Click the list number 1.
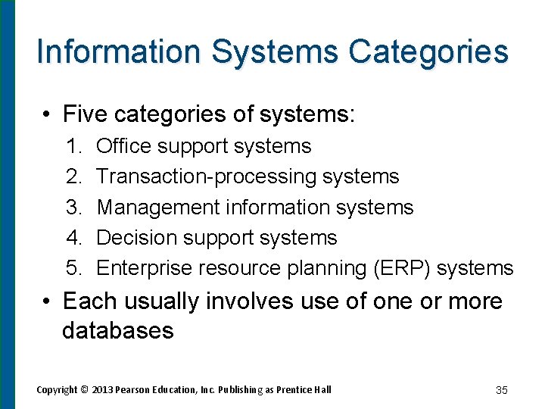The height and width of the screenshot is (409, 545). pyautogui.click(x=73, y=146)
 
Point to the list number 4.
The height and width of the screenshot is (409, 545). pyautogui.click(x=73, y=238)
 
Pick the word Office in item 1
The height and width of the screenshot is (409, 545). pyautogui.click(x=124, y=146)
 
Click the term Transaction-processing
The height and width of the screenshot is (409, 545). pyautogui.click(x=207, y=177)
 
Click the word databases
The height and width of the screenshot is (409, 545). pyautogui.click(x=117, y=331)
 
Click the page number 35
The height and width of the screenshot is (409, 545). pyautogui.click(x=501, y=390)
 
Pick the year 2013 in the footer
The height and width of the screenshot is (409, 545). pyautogui.click(x=103, y=390)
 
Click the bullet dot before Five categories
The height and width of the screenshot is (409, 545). pyautogui.click(x=47, y=115)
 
